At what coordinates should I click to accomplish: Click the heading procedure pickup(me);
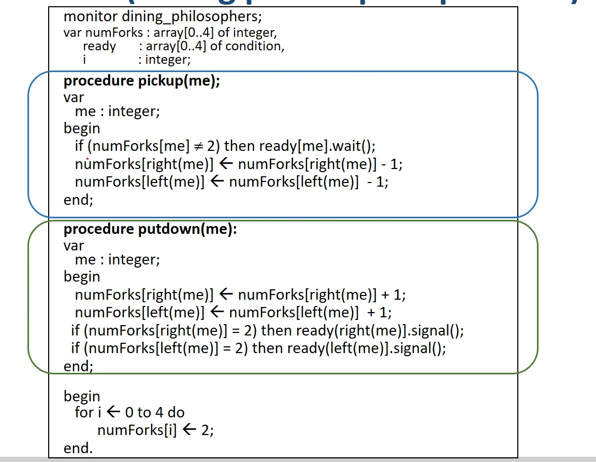click(142, 82)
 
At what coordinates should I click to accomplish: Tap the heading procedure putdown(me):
click(150, 230)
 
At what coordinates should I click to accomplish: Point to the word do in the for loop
click(176, 413)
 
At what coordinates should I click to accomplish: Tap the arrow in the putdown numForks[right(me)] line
click(226, 295)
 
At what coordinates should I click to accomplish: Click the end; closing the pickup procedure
click(78, 200)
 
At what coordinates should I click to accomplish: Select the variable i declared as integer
click(84, 60)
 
